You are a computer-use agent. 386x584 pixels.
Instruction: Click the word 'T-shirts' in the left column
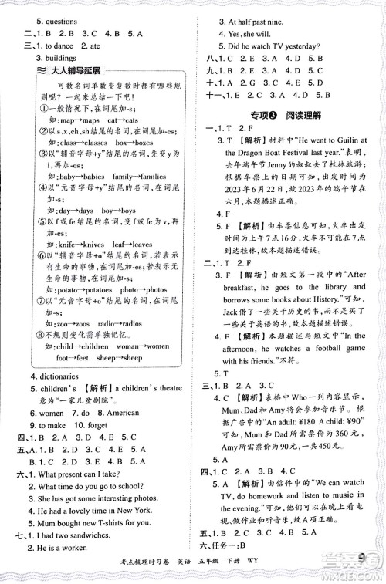113,532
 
